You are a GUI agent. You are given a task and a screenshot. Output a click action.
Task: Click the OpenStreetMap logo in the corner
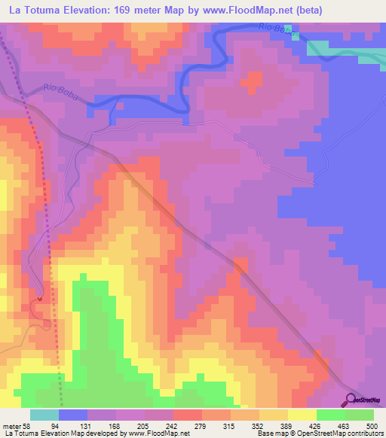366,400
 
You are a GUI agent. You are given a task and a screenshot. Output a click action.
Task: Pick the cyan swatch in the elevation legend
44,415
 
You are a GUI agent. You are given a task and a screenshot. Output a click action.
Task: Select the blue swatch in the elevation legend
73,415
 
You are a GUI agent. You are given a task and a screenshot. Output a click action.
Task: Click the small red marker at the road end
39,299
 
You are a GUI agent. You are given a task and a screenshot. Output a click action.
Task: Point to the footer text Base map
269,433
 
